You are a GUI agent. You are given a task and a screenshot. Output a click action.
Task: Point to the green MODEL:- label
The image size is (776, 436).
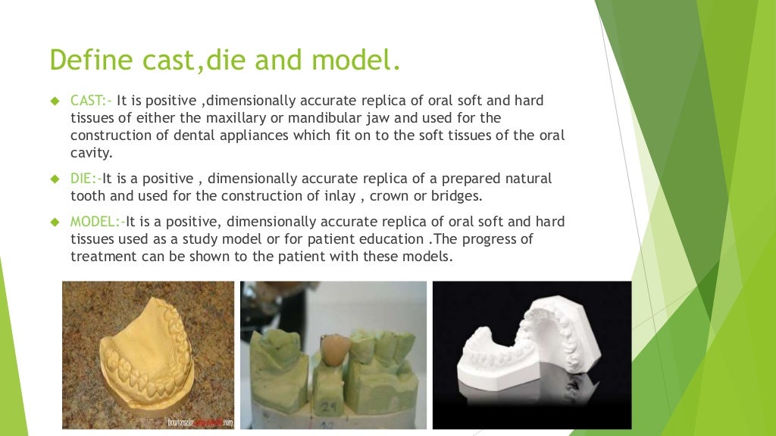(x=98, y=223)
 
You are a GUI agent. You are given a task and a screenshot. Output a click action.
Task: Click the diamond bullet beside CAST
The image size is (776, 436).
(x=54, y=101)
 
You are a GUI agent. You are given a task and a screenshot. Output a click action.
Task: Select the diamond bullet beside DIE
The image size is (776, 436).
(x=54, y=179)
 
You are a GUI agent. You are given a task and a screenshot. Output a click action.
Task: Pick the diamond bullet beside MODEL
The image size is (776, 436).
(x=54, y=223)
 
